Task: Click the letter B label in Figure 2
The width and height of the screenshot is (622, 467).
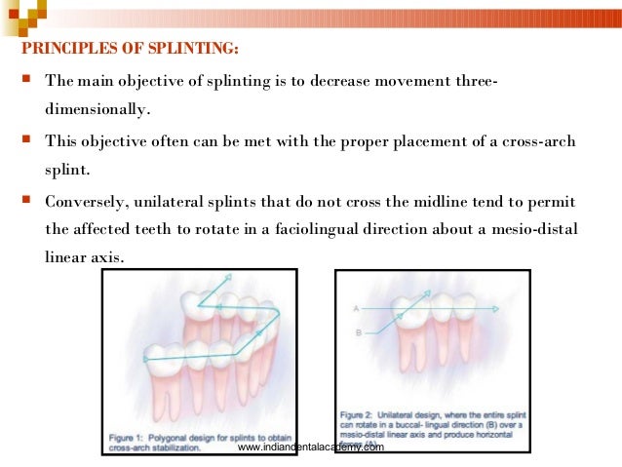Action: point(359,333)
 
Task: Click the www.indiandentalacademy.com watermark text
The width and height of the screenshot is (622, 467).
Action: point(311,447)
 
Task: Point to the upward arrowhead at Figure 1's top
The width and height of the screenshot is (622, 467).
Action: point(227,278)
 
